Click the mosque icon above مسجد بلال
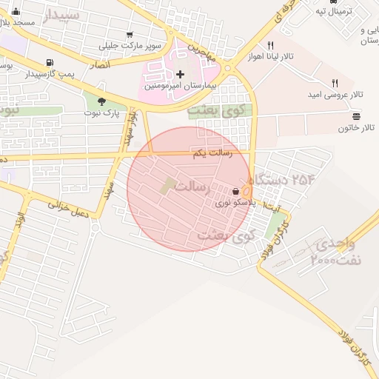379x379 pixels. [x=16, y=11]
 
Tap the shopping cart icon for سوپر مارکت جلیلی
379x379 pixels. [x=130, y=34]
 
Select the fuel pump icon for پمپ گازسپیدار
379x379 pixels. [x=49, y=62]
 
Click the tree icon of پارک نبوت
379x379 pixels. [x=101, y=101]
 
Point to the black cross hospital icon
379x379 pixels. [x=181, y=74]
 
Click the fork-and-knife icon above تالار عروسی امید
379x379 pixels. [x=335, y=84]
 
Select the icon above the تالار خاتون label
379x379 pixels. [x=356, y=116]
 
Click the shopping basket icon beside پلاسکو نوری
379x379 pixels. [x=235, y=190]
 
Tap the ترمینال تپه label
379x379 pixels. [x=331, y=10]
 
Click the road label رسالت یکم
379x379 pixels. [x=212, y=153]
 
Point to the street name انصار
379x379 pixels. [x=98, y=65]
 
